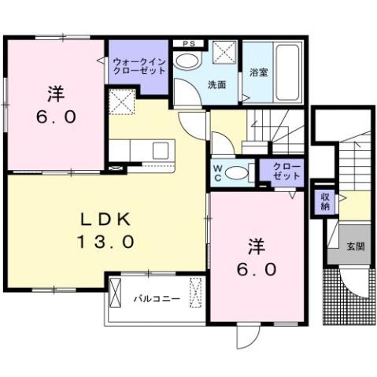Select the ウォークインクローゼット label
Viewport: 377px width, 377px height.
(139, 65)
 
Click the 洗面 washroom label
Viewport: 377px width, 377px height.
(217, 84)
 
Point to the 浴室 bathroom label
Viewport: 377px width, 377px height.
(258, 72)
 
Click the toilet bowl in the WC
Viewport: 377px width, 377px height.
(238, 172)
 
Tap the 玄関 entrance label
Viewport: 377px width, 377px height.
(355, 246)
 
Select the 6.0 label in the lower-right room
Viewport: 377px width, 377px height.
(257, 269)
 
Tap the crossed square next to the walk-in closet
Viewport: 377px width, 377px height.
(122, 102)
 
